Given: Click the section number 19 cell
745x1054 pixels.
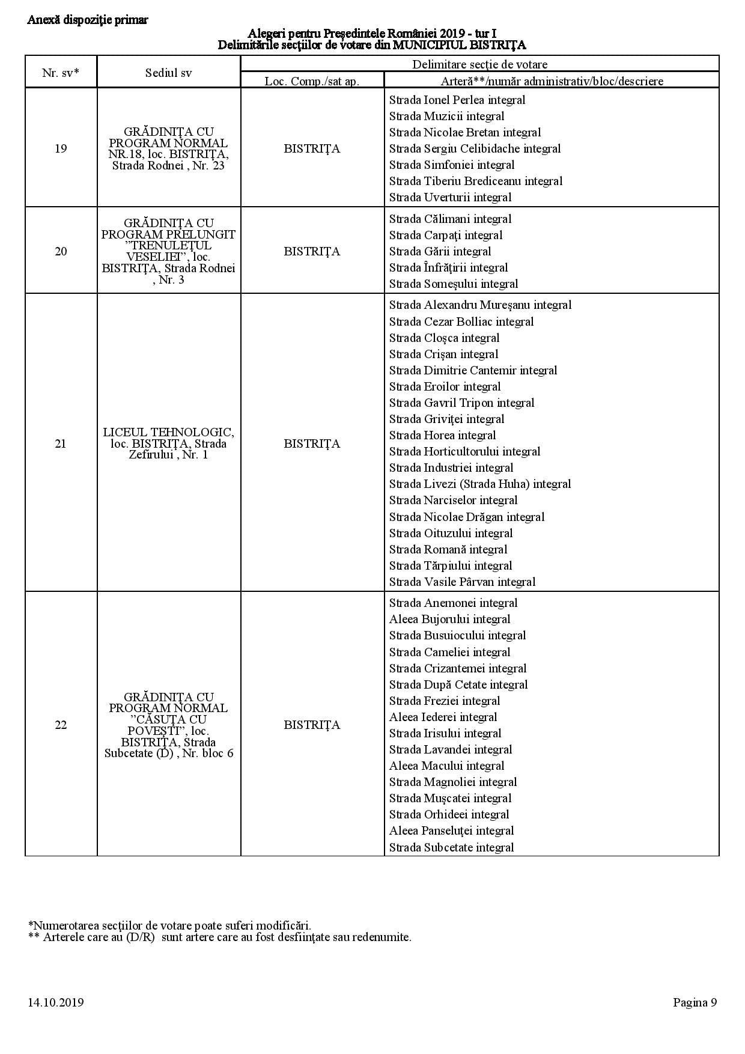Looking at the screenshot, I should coord(61,148).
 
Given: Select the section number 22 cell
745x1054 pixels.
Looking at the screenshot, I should coord(61,725).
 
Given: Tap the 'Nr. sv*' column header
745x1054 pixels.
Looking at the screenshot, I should coord(61,73).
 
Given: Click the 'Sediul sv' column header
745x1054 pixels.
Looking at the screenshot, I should coord(169,73).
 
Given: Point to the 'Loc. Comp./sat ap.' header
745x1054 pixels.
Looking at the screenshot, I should coord(312,81).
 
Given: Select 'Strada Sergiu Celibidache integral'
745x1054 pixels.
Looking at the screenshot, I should coord(475,148).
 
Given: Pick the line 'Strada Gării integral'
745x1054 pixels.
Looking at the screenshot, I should coord(440,251).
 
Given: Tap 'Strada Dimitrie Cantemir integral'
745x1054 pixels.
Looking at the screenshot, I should coord(473,370).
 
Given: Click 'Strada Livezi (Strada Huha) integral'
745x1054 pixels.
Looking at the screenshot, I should coord(479,484).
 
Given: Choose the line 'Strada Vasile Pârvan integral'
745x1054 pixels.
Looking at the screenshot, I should coord(462,582).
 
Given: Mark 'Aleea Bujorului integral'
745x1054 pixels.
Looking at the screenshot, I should coord(449,619).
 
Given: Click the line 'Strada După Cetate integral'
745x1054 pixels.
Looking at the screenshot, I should coord(458,684).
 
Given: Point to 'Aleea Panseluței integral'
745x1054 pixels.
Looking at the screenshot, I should coord(451,830).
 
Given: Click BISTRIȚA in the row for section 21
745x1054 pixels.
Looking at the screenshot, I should coord(312,443).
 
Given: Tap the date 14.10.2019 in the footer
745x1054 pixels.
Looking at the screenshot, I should coord(55,1002).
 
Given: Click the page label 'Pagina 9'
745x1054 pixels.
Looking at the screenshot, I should coord(695,1002).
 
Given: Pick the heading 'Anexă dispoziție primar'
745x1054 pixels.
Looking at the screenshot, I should coord(88,20).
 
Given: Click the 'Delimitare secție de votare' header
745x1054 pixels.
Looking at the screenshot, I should coord(479,64).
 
